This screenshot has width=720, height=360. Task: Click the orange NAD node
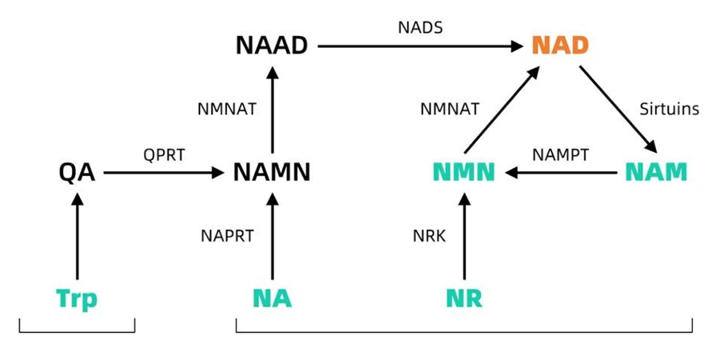(560, 45)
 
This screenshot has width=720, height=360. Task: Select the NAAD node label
(271, 46)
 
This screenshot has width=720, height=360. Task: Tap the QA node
(77, 172)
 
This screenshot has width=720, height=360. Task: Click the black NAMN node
(271, 172)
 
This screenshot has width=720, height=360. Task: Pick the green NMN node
(463, 172)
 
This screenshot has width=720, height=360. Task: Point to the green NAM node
(655, 172)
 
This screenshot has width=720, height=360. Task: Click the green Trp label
(77, 298)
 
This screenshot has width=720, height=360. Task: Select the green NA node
(271, 298)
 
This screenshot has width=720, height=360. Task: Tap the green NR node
(464, 298)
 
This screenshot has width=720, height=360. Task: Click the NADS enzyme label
(420, 28)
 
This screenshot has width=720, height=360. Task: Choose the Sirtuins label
(670, 108)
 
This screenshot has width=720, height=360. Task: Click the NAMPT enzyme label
(561, 154)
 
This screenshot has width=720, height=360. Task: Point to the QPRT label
(164, 154)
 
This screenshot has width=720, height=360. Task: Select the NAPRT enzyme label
(226, 236)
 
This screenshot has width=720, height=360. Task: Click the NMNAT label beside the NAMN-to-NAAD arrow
(226, 109)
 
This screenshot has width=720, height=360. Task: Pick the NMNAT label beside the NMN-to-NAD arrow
(450, 109)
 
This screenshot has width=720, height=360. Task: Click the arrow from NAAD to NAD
(420, 46)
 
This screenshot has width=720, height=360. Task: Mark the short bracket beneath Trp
(77, 330)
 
